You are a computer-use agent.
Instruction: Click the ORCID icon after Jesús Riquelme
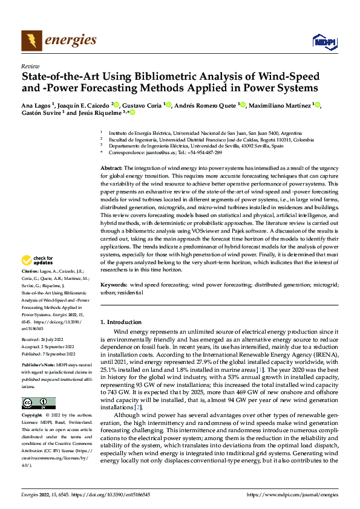[x=133, y=112]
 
